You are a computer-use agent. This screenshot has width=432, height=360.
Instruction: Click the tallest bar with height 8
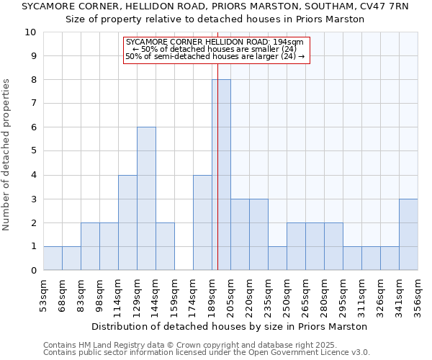(221, 175)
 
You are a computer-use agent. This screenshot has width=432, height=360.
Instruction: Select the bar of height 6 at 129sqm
(146, 199)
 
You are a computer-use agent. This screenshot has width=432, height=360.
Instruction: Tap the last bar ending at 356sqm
(408, 235)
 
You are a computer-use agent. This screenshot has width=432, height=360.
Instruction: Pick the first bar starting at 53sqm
(53, 258)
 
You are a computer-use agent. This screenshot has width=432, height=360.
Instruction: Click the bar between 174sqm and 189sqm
(202, 222)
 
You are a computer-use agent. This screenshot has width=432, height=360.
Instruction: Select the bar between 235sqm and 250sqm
(277, 258)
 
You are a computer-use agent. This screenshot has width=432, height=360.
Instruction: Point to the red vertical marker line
(217, 144)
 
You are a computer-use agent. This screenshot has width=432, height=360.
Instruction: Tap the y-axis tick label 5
(32, 151)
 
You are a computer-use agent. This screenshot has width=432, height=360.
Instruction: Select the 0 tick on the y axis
(32, 271)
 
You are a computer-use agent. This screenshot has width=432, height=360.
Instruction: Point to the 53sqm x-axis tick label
(44, 292)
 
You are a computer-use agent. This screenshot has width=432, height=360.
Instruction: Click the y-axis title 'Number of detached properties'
(7, 156)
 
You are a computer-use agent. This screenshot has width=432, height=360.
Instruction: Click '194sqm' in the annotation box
(289, 42)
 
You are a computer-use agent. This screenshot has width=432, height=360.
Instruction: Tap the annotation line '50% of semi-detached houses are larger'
(215, 56)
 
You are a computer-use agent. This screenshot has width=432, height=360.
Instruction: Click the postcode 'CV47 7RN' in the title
(384, 6)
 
